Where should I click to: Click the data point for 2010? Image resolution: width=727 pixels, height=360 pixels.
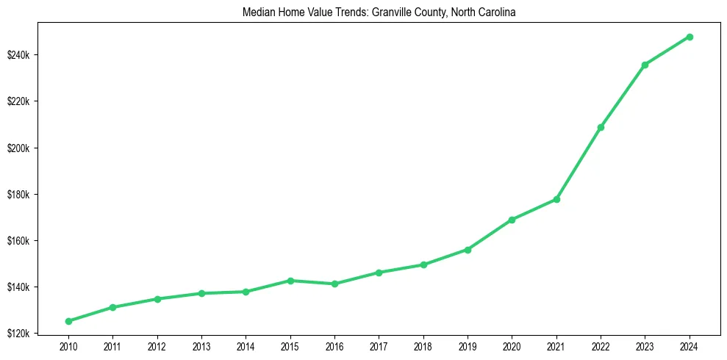(x=68, y=321)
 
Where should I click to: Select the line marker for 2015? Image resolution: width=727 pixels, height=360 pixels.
(x=290, y=281)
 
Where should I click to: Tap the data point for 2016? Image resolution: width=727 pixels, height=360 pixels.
(x=334, y=284)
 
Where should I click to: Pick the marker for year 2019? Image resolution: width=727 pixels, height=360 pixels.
(x=468, y=250)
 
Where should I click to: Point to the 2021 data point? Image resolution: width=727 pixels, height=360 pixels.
(x=556, y=199)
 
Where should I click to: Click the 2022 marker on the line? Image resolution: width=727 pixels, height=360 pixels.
(x=601, y=127)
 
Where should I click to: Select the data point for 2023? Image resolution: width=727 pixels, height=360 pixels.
(x=645, y=65)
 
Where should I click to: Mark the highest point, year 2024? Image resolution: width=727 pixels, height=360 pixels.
(x=690, y=37)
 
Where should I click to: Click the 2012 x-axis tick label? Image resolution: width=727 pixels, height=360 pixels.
(x=157, y=345)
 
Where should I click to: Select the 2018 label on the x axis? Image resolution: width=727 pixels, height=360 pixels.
(x=423, y=345)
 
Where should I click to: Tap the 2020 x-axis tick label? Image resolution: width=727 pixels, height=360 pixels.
(x=512, y=345)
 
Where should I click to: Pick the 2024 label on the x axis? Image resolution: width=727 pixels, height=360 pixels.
(x=690, y=345)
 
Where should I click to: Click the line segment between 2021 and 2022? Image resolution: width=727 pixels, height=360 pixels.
(x=579, y=163)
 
